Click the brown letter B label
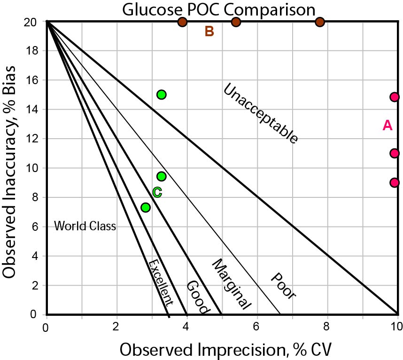point(209,31)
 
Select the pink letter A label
point(387,125)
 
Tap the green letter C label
point(157,192)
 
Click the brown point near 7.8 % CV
point(320,22)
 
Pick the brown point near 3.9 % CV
point(183,22)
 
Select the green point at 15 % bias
point(162,94)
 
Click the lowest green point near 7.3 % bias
point(146,207)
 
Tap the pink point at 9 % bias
point(395,182)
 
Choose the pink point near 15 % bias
point(395,97)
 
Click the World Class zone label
point(85,227)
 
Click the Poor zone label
point(283,286)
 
